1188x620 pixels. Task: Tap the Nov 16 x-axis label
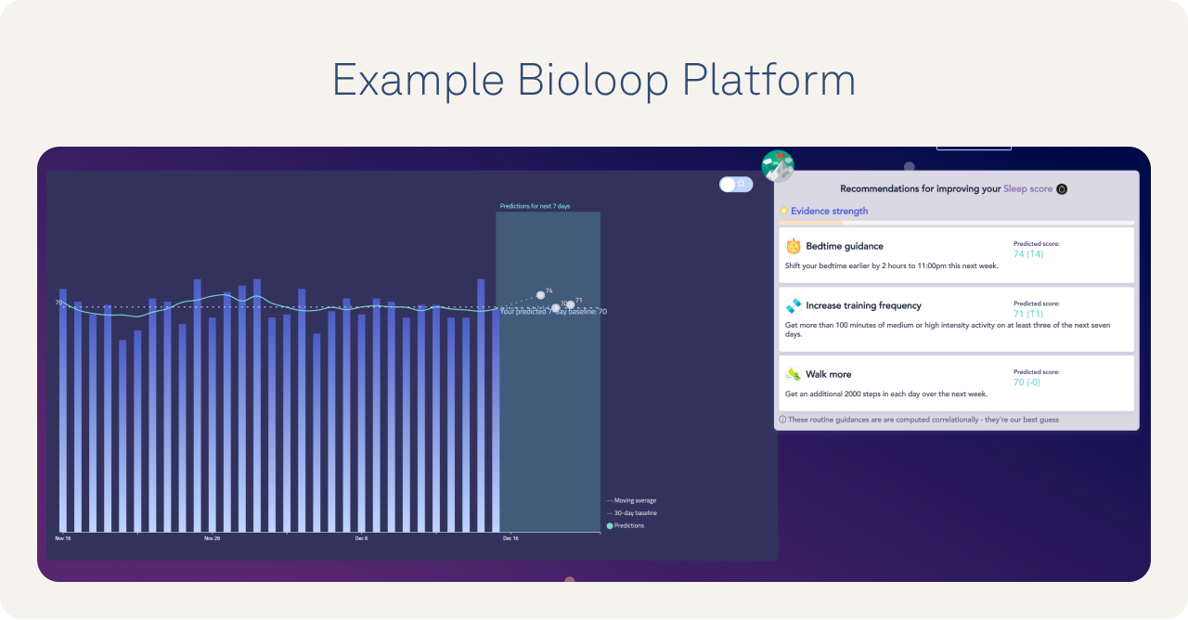click(63, 538)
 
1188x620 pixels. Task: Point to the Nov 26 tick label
click(212, 538)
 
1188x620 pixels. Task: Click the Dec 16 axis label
click(510, 538)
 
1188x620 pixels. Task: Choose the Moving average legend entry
click(634, 500)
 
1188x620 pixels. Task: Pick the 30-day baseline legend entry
click(635, 512)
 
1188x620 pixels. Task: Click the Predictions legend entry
click(628, 525)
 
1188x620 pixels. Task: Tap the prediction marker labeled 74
click(540, 295)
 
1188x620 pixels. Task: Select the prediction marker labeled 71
click(571, 304)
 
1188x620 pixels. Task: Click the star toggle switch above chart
click(736, 184)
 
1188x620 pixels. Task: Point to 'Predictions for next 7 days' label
click(535, 206)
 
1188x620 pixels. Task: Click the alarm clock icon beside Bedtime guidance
click(794, 246)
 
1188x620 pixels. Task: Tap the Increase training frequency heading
click(863, 305)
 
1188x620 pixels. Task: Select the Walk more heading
click(828, 374)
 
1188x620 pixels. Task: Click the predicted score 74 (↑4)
click(1028, 254)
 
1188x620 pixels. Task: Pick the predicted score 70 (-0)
click(1027, 381)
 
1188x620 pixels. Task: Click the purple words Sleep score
click(1027, 188)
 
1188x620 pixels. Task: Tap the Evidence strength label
click(829, 211)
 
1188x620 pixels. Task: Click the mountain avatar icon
click(778, 166)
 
